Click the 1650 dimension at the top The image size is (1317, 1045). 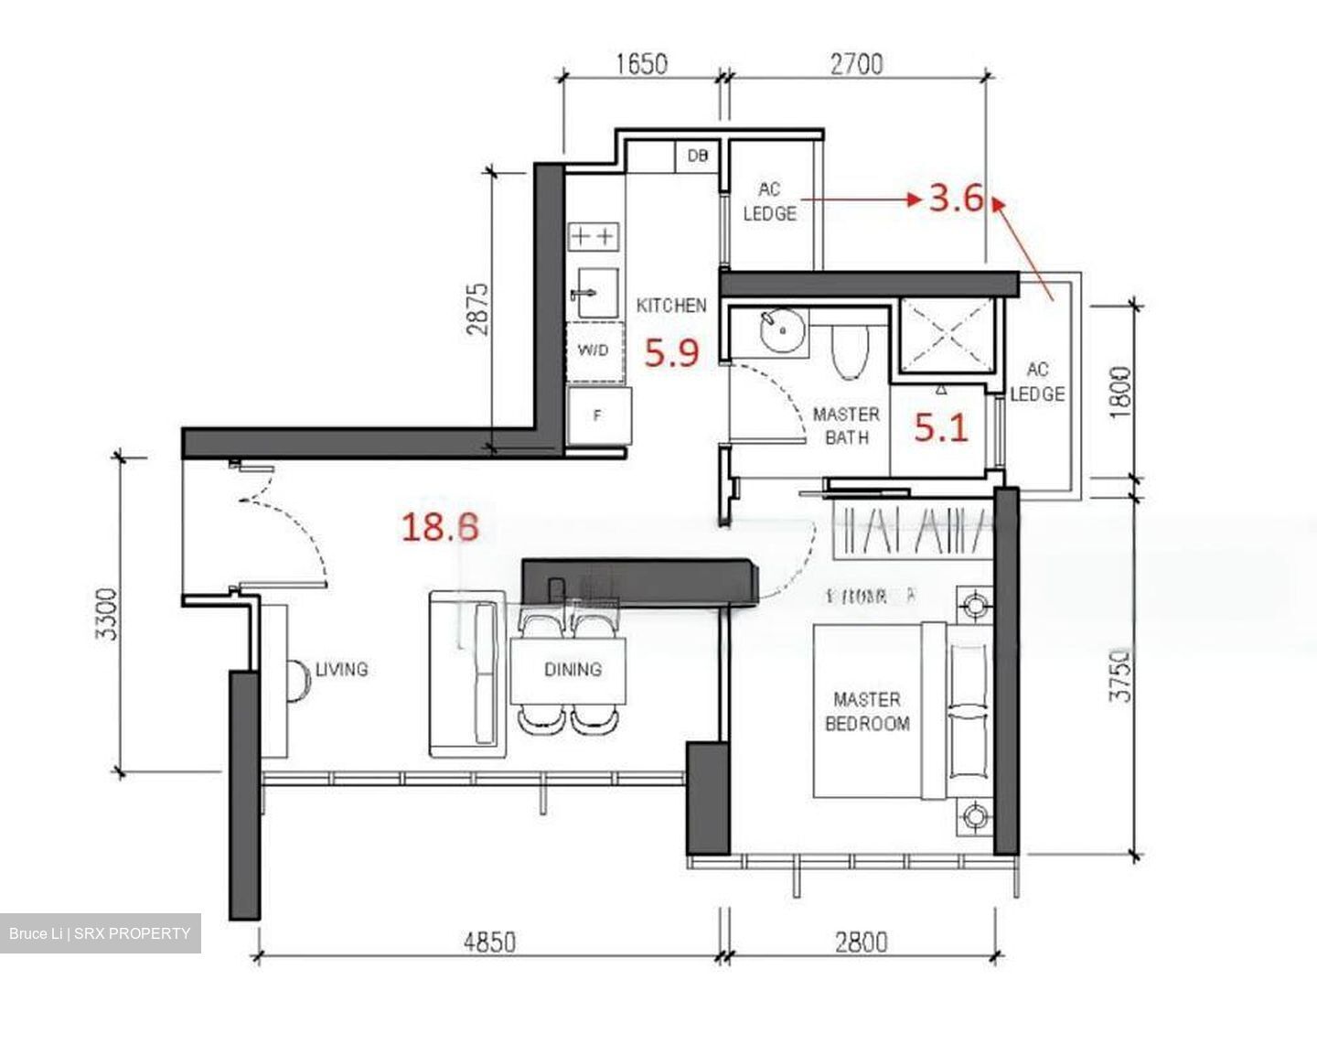(x=640, y=64)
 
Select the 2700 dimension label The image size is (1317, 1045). (x=857, y=64)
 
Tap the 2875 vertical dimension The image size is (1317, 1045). (x=478, y=308)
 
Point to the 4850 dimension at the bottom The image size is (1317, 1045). (x=489, y=942)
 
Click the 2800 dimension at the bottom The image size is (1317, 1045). (x=861, y=942)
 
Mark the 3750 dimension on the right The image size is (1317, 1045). (x=1120, y=675)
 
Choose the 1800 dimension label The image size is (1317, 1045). (x=1120, y=392)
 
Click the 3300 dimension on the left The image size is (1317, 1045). (x=107, y=614)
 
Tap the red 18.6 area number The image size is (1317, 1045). (x=440, y=527)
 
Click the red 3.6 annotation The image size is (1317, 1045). (x=956, y=198)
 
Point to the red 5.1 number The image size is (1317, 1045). (x=941, y=427)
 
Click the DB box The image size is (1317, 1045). (x=697, y=156)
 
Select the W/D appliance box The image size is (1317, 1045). (x=593, y=350)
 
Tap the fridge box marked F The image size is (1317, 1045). (x=598, y=415)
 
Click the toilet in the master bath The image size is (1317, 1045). (x=849, y=351)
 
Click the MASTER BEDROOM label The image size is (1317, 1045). (x=867, y=712)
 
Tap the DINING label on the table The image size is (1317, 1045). (x=573, y=670)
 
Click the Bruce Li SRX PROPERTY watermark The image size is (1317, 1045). (x=100, y=933)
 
